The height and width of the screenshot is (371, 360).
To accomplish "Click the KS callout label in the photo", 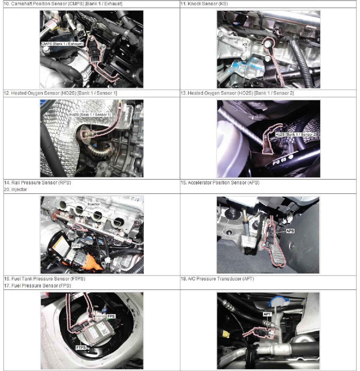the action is [x=245, y=45].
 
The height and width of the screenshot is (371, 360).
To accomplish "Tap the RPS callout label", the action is [x=76, y=246].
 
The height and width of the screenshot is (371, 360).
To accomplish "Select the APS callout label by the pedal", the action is [x=290, y=231].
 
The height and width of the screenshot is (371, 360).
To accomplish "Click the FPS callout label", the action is [x=111, y=316].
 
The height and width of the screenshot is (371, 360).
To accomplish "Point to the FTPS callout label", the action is [x=81, y=348].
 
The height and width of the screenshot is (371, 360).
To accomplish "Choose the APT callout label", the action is [x=267, y=314].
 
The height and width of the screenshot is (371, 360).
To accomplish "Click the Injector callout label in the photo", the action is [x=93, y=204].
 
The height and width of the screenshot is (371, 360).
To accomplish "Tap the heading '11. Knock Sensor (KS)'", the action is [x=204, y=4].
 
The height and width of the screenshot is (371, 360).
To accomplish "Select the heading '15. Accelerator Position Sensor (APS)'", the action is [x=220, y=183].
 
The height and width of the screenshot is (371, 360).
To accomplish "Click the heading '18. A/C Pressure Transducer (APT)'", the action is [x=217, y=279].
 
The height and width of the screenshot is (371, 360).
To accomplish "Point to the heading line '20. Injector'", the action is [x=15, y=190].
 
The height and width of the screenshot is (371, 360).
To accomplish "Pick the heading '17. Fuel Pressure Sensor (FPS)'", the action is [x=37, y=286].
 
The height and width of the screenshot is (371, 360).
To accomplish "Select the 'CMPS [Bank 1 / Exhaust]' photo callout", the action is [x=62, y=44].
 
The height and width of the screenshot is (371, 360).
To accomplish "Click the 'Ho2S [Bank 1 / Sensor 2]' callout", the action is [x=296, y=134].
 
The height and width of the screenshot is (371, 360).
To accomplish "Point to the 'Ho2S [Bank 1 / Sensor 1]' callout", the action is [x=90, y=115].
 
